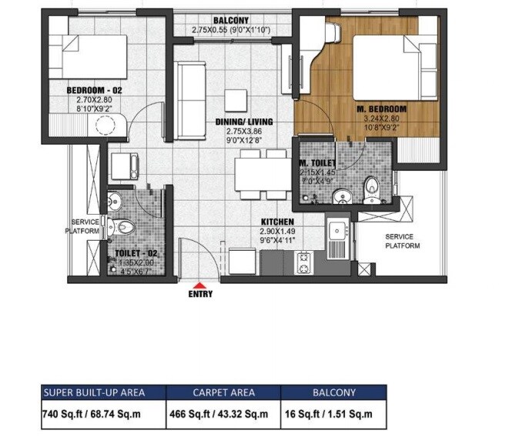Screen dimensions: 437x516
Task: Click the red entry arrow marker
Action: (201, 285)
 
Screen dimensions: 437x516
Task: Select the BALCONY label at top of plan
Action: (231, 22)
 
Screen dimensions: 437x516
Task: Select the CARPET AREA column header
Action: (224, 392)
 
